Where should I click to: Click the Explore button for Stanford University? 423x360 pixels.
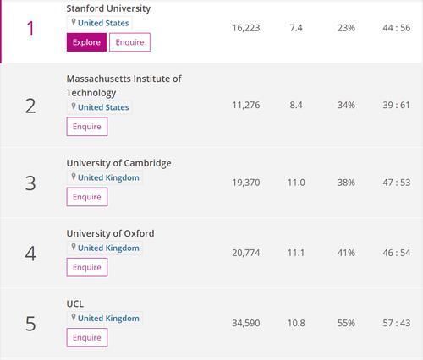click(85, 42)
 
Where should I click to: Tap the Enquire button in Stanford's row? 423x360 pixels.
click(129, 42)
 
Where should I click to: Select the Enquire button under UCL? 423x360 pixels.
click(87, 337)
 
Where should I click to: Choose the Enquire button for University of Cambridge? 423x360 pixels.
click(87, 197)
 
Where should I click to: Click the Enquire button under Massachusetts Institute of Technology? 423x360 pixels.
click(87, 127)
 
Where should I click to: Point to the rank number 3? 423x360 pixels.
click(30, 183)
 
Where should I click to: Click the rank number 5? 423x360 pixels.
click(30, 324)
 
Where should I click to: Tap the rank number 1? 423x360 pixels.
click(30, 29)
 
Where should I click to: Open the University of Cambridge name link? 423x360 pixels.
click(118, 163)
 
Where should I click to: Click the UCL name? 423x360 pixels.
click(75, 303)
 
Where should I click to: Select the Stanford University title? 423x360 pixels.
click(108, 8)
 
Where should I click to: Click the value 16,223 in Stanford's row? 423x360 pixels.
click(246, 28)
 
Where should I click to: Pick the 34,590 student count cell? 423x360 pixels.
click(246, 323)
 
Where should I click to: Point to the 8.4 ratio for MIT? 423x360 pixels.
click(296, 106)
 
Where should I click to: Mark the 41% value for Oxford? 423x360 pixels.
click(346, 253)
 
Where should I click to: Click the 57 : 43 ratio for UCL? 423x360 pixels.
click(396, 323)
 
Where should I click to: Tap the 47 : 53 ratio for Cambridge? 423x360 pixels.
click(396, 183)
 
